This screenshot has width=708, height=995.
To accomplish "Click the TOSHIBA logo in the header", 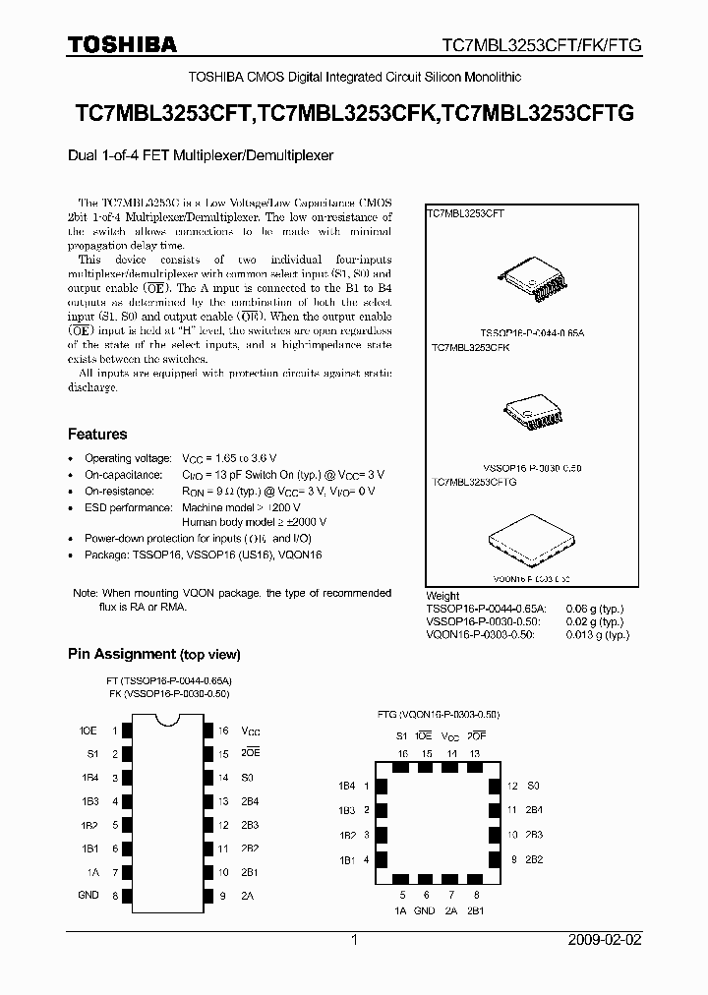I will coord(123,44).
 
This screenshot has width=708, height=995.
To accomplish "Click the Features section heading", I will coord(96,434).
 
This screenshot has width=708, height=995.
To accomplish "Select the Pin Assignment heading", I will coord(153,654).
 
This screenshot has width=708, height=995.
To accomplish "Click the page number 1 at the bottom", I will coord(353,940).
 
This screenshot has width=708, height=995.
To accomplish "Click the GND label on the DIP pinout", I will coord(88,895).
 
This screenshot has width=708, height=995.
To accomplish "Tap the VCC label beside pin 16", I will coord(253,732).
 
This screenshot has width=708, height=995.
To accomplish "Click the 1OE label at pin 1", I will coord(88,732).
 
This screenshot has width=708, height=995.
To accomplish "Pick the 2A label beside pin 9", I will coord(248,895).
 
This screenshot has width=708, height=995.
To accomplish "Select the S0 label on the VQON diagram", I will coord(533,787).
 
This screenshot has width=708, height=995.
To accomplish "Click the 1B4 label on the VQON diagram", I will coord(346,787).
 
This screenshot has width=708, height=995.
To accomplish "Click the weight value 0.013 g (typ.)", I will coord(597,635).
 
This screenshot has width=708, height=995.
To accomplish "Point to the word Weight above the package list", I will coord(442,596).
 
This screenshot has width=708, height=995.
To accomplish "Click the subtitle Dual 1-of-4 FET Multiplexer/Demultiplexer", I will coord(201,155).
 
